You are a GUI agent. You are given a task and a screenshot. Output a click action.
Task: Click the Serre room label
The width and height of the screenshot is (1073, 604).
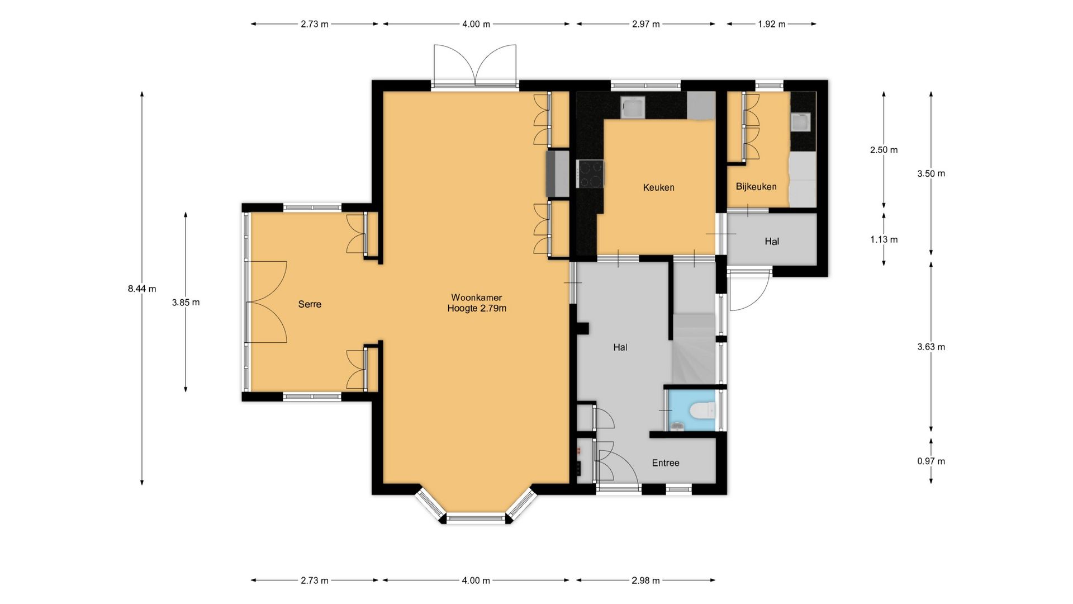point(310,304)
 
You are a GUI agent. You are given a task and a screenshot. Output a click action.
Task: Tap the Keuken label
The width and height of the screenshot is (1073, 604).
point(658,187)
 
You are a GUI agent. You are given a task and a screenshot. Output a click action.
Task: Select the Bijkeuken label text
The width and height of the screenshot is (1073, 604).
point(756,186)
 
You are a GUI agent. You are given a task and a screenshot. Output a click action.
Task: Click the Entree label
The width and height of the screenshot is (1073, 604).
point(666,463)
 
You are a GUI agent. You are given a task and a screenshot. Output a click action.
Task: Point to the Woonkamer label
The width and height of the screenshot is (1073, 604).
point(477,298)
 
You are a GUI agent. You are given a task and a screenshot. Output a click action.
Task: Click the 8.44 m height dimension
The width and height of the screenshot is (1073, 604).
point(142,289)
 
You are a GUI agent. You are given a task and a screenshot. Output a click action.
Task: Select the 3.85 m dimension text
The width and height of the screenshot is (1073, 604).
point(186,303)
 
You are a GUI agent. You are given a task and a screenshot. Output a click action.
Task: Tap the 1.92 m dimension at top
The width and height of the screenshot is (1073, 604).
point(772,24)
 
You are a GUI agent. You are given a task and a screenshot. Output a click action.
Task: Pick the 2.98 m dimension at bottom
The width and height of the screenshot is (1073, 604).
point(645,581)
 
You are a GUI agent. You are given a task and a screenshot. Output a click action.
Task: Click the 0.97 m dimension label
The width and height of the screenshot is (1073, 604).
point(931,461)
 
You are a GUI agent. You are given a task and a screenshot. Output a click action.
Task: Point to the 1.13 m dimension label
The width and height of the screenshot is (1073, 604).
point(884,239)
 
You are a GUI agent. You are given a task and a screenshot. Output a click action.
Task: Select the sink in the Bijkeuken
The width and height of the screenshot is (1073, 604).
point(801,122)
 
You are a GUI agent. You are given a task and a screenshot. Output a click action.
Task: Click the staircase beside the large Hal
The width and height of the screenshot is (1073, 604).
point(694,341)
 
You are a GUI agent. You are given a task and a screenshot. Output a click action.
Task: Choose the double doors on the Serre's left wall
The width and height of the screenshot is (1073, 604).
point(267,301)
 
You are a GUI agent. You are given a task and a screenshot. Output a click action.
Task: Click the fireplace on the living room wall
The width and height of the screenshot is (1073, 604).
point(558,173)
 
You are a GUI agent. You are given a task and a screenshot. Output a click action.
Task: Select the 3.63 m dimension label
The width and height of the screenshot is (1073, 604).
point(931,347)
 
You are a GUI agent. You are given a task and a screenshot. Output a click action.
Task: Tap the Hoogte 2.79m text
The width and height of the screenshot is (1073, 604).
point(477,308)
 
